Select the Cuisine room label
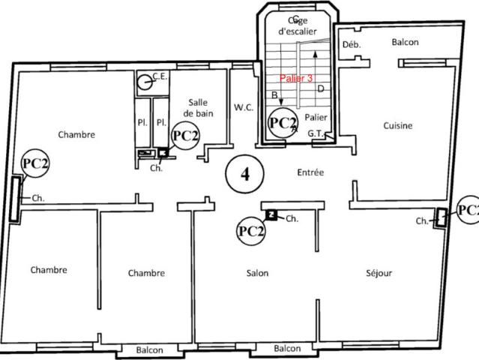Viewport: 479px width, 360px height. tap(397, 126)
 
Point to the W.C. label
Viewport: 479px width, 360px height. tap(243, 107)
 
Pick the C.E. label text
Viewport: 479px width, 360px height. tap(160, 76)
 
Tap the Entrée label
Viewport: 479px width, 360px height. tap(310, 172)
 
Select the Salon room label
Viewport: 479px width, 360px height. tap(257, 273)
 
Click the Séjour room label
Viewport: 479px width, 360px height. tap(379, 273)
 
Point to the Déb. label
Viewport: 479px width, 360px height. tap(352, 45)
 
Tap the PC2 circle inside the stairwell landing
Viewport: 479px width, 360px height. tap(283, 123)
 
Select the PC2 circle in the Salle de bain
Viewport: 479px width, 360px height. tap(185, 136)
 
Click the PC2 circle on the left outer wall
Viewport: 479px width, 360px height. tap(35, 163)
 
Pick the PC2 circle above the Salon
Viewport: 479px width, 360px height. tap(251, 230)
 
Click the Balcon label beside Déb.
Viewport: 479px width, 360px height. tap(405, 43)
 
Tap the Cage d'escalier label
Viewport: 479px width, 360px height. tap(298, 25)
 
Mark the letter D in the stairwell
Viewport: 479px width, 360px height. tap(320, 89)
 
